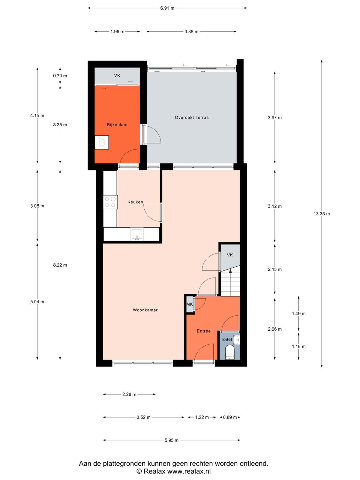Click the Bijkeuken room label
click(x=117, y=124)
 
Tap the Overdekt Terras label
click(x=192, y=117)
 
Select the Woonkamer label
click(x=145, y=310)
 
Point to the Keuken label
click(x=135, y=202)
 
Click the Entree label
click(x=204, y=331)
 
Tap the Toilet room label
click(x=226, y=339)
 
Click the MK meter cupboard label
click(x=190, y=304)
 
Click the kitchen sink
click(x=137, y=234)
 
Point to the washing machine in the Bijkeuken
click(x=102, y=142)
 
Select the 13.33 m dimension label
click(x=322, y=214)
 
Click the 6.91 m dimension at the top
click(x=167, y=8)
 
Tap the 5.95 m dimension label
click(x=172, y=440)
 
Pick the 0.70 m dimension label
click(x=60, y=76)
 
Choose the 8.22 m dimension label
click(x=60, y=265)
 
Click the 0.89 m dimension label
click(x=230, y=417)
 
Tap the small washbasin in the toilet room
click(x=237, y=340)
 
